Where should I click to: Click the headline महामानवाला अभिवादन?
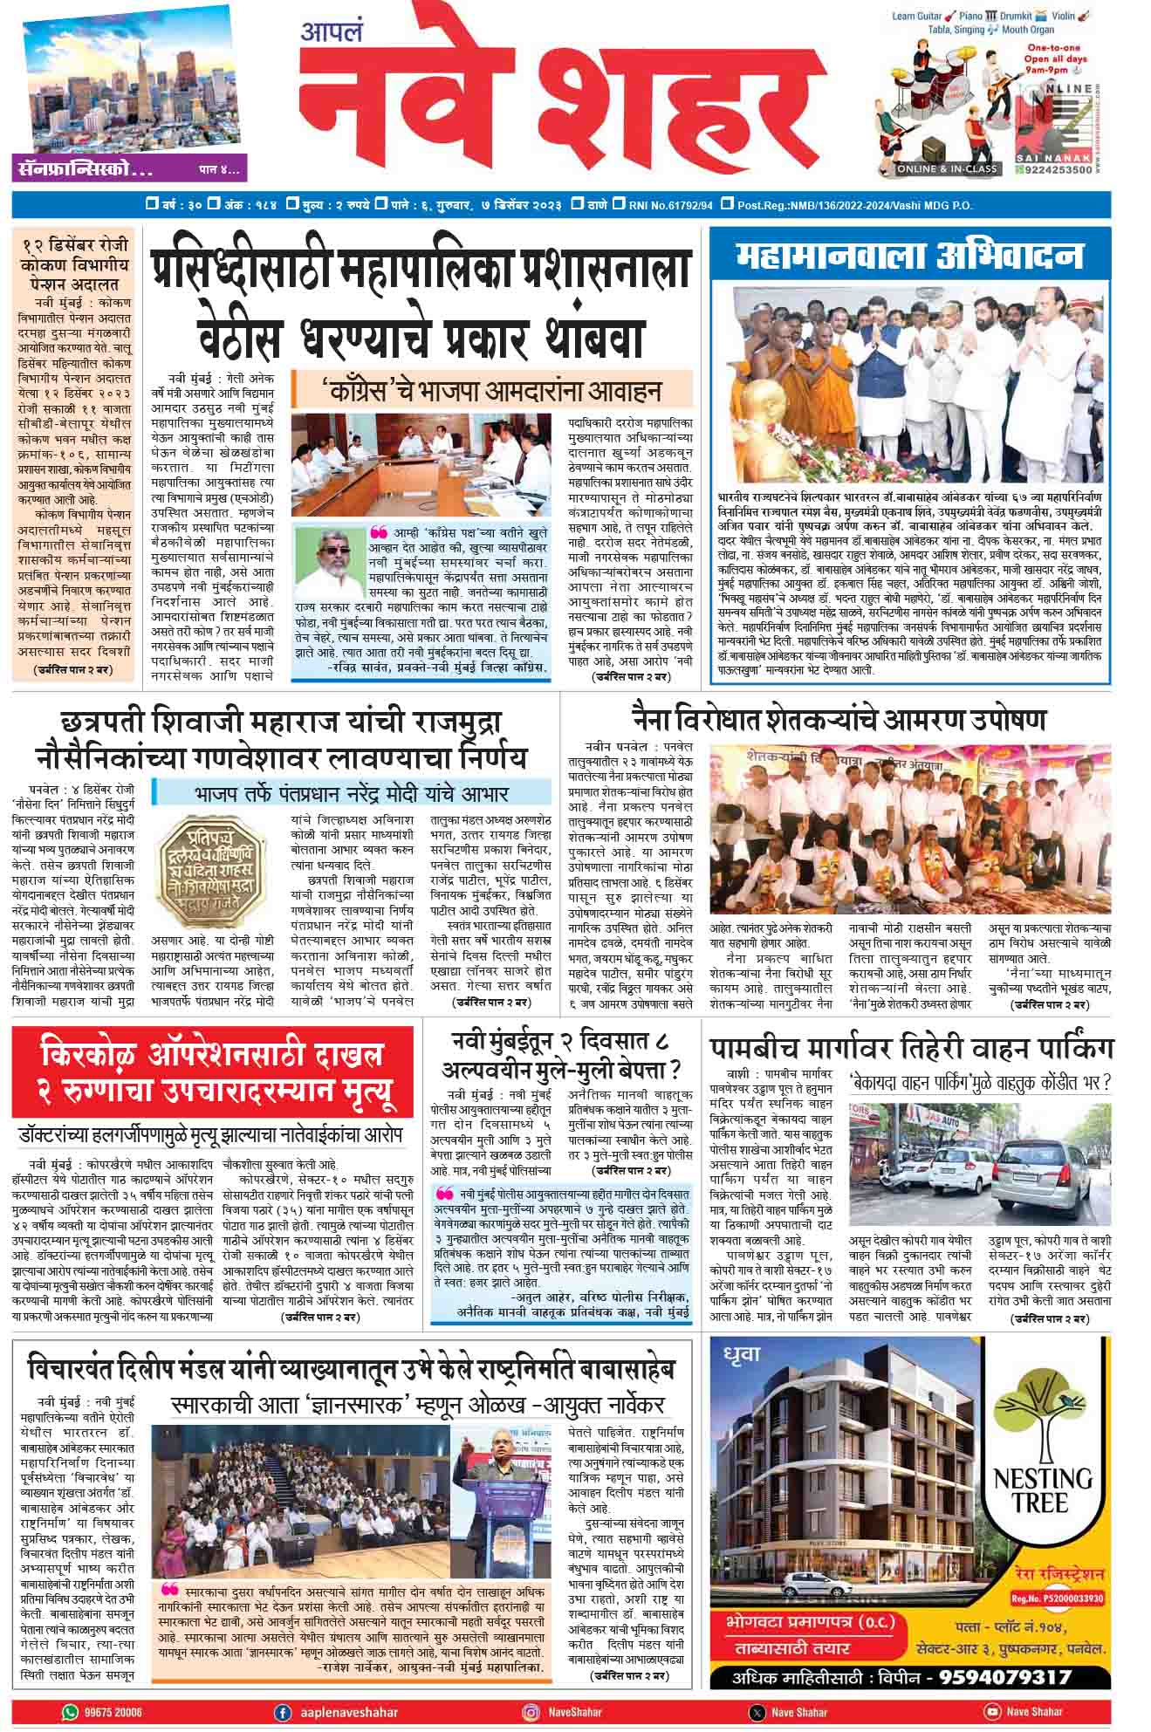[909, 257]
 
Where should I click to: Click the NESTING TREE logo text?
[1043, 1489]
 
